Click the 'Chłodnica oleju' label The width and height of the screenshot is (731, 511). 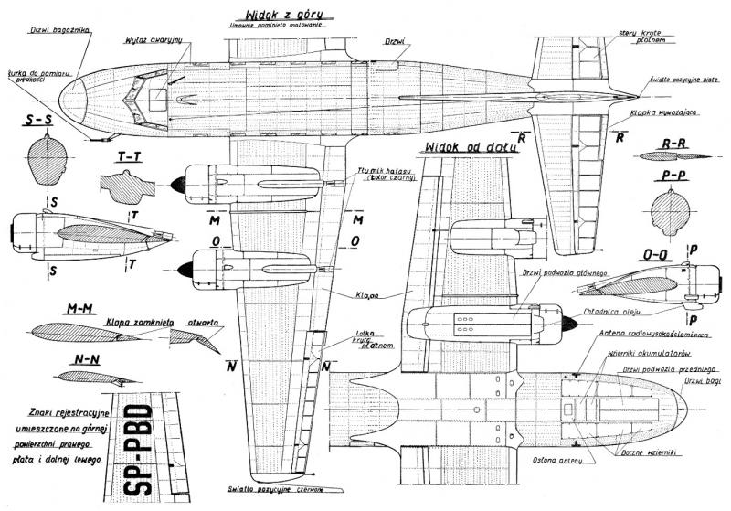611,313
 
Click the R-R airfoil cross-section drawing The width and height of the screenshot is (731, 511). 676,156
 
